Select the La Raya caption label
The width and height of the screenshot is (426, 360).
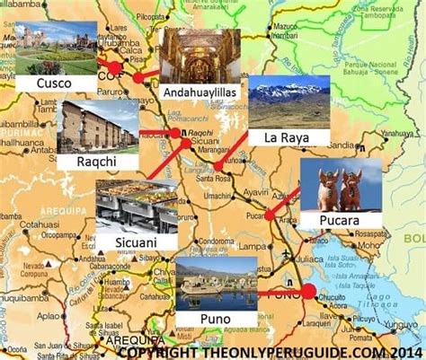(x=281, y=136)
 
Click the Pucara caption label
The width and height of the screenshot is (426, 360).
(x=338, y=219)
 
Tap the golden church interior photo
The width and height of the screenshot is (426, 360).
(x=200, y=55)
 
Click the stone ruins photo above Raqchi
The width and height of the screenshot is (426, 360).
(x=96, y=126)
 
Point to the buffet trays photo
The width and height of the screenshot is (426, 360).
(x=136, y=206)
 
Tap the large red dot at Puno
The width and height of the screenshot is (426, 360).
(x=308, y=291)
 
